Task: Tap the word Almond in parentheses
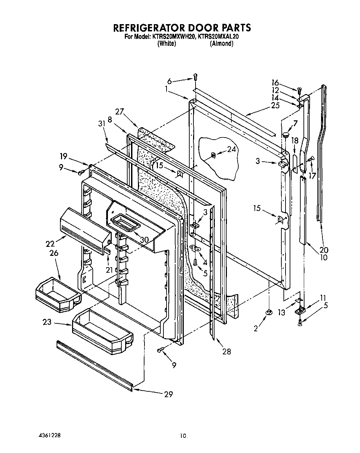coord(221,44)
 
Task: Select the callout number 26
coord(53,253)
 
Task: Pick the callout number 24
coord(232,149)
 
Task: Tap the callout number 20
coord(324,250)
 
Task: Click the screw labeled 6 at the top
coord(196,77)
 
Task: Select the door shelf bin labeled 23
coord(102,331)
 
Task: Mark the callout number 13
coord(282,313)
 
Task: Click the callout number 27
coord(120,112)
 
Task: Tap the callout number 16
coord(275,82)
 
